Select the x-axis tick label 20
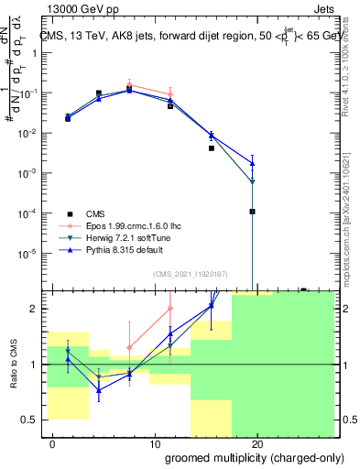pos(257,444)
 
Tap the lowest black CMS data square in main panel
pos(252,212)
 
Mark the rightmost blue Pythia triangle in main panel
pos(252,163)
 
